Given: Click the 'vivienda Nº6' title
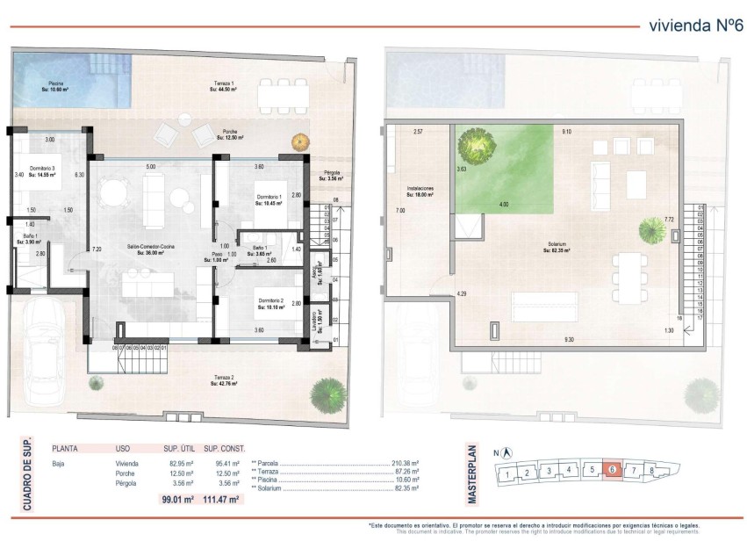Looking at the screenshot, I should [x=690, y=25].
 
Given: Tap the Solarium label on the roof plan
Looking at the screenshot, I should [x=557, y=247].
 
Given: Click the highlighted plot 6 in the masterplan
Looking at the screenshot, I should [x=613, y=470].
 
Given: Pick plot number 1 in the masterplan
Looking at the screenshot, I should [x=507, y=475].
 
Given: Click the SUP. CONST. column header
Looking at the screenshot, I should [x=224, y=446].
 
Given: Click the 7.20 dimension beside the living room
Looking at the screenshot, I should [x=97, y=250].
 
